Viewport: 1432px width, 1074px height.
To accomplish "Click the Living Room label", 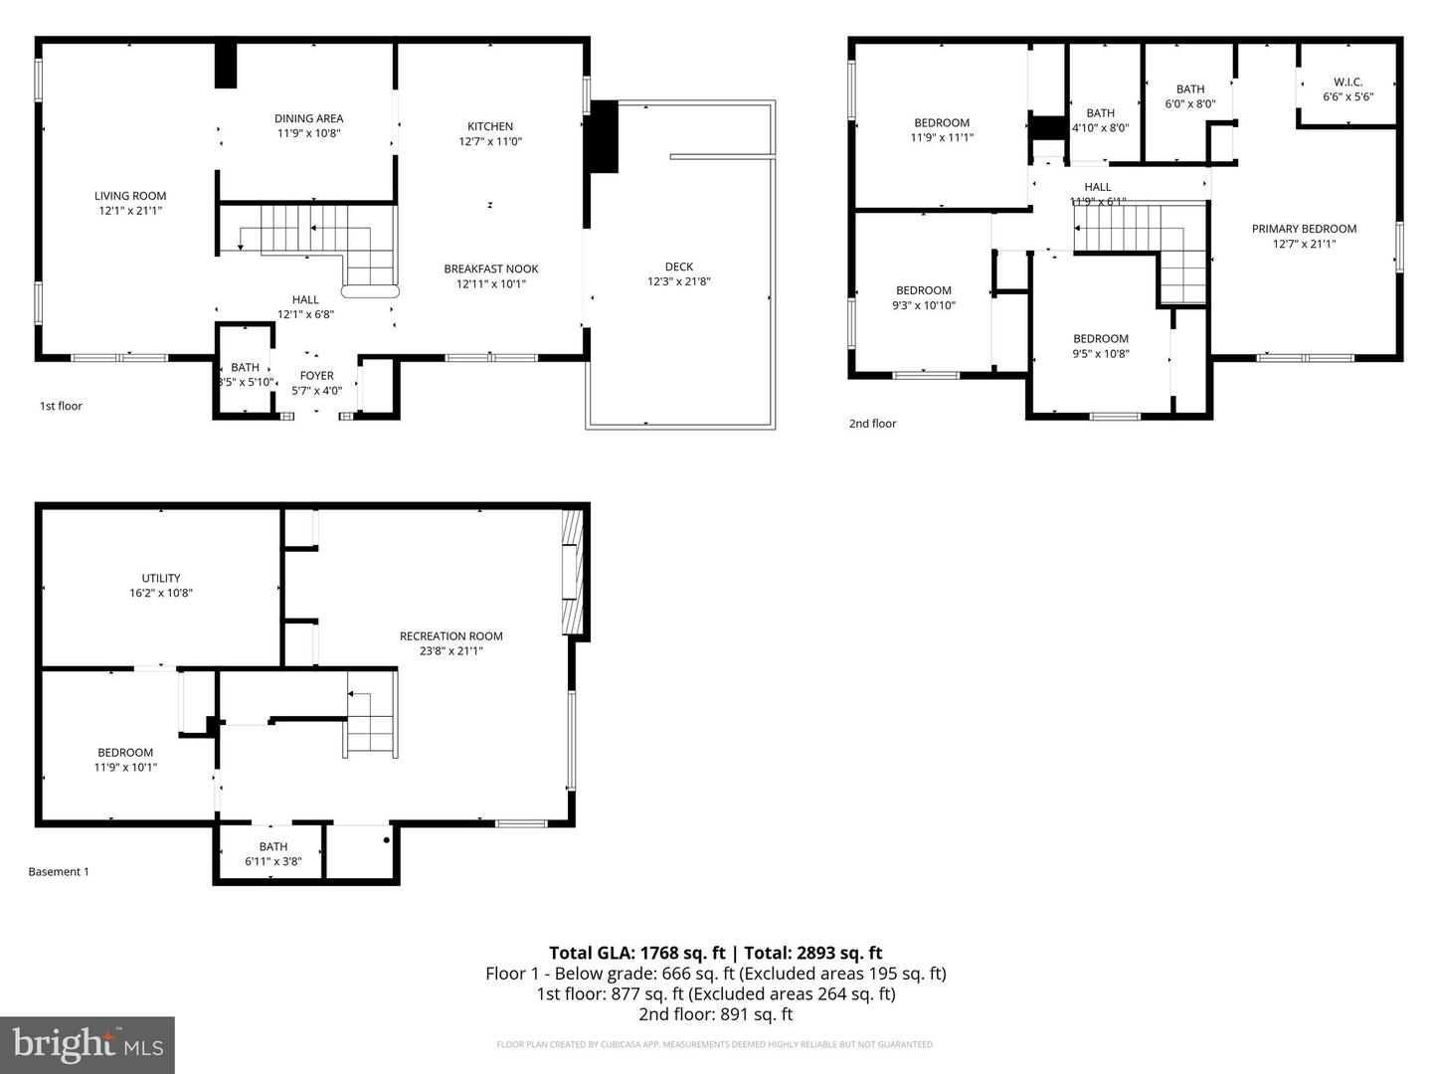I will (x=130, y=196).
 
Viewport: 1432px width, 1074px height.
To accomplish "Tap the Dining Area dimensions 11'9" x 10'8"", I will (x=308, y=133).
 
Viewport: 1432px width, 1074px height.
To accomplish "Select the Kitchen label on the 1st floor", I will (x=490, y=126).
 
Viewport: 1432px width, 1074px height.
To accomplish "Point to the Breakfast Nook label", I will (x=491, y=268).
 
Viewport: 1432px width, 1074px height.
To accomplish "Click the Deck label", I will (x=679, y=267).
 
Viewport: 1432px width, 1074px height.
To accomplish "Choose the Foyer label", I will (x=317, y=376).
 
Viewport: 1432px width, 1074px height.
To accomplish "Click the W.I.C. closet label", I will (x=1347, y=83).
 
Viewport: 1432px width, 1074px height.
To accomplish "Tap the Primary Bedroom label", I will (x=1304, y=229).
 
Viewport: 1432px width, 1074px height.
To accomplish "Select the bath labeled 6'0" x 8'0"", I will (x=1190, y=96).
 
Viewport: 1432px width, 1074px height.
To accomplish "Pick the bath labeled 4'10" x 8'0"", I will (x=1101, y=120).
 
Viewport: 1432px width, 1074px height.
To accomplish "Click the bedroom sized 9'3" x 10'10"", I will (x=924, y=298).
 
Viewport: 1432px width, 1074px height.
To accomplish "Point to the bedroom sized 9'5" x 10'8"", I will (x=1101, y=346).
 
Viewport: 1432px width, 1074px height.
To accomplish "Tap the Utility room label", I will (x=161, y=578).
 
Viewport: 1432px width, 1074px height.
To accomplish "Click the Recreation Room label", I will (x=451, y=636).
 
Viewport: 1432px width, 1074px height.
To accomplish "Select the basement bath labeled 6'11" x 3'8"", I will (x=273, y=854).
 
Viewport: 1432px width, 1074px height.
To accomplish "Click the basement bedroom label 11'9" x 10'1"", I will (x=125, y=760).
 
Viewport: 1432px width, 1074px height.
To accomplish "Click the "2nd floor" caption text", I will (x=872, y=424).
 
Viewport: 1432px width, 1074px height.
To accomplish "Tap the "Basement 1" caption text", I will (x=59, y=872).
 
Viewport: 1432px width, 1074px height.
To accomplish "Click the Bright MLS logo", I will (x=88, y=1044).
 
